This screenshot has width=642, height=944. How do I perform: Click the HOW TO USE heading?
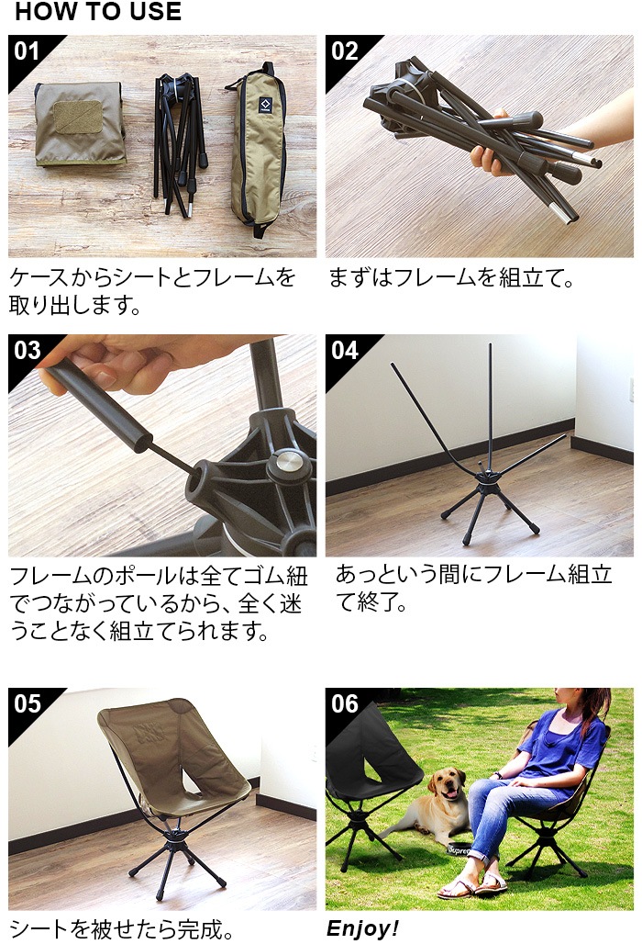pyautogui.click(x=98, y=11)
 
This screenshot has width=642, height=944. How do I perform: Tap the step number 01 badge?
pyautogui.click(x=27, y=51)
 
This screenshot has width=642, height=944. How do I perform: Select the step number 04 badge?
pyautogui.click(x=345, y=351)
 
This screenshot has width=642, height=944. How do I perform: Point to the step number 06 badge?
pyautogui.click(x=345, y=703)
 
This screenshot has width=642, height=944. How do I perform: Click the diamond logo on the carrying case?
pyautogui.click(x=265, y=104)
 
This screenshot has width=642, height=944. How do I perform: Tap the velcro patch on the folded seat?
pyautogui.click(x=78, y=117)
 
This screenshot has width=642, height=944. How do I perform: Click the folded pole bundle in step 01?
pyautogui.click(x=181, y=142)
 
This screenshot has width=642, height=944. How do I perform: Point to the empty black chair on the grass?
pyautogui.click(x=367, y=782)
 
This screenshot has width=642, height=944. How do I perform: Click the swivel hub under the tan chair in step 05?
pyautogui.click(x=178, y=837)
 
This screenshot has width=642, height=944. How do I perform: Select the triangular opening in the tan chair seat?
pyautogui.click(x=191, y=781)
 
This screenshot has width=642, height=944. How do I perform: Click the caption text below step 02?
pyautogui.click(x=451, y=278)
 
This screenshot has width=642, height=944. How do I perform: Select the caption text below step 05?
pyautogui.click(x=121, y=929)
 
